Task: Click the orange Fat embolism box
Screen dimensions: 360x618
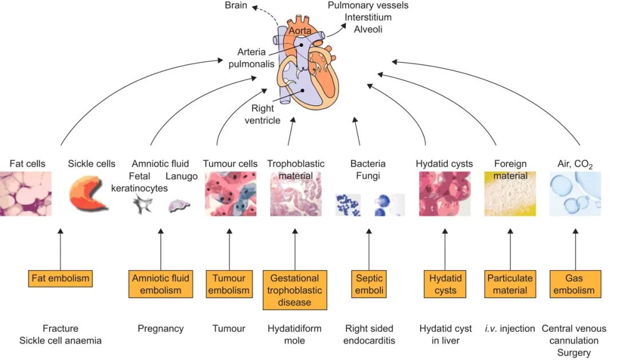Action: pyautogui.click(x=60, y=279)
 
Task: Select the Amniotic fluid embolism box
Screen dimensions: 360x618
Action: pyautogui.click(x=160, y=284)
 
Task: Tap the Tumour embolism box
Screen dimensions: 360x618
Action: pyautogui.click(x=229, y=284)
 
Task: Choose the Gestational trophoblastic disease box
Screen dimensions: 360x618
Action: pyautogui.click(x=295, y=290)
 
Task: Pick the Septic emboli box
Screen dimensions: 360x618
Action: pyautogui.click(x=369, y=284)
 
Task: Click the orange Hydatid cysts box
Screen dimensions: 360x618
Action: pyautogui.click(x=445, y=284)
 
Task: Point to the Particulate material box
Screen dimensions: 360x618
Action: pyautogui.click(x=510, y=284)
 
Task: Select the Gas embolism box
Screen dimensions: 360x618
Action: pyautogui.click(x=576, y=284)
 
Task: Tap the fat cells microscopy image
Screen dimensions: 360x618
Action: pyautogui.click(x=25, y=194)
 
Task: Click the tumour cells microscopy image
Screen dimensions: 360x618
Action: pyautogui.click(x=231, y=194)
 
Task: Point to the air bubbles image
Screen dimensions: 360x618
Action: pyautogui.click(x=576, y=194)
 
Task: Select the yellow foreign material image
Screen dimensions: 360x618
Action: pyautogui.click(x=510, y=194)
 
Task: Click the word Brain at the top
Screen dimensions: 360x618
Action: pyautogui.click(x=236, y=6)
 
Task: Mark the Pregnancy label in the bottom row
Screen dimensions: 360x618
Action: pyautogui.click(x=160, y=329)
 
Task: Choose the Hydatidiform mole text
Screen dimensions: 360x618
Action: pyautogui.click(x=295, y=334)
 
